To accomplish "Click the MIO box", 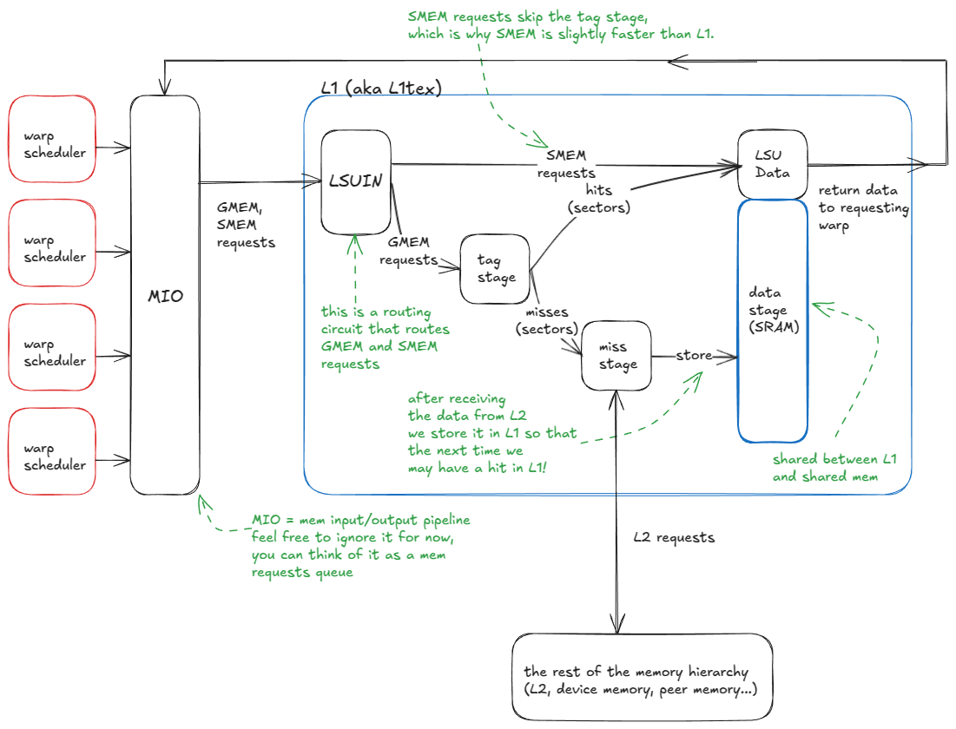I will pos(165,295).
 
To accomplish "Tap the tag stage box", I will pos(495,268).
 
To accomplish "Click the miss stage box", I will pos(616,356).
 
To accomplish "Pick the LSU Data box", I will pos(772,164).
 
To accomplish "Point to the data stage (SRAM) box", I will pos(772,321).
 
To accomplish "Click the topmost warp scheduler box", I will pos(52,139).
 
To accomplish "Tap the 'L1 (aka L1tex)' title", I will pos(381,87).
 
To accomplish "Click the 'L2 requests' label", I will pos(674,537).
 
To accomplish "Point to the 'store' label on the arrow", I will pos(695,356).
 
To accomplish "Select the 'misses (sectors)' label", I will pos(546,320).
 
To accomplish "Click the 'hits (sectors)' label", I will pos(598,199).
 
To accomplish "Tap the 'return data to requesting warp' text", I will pos(862,207).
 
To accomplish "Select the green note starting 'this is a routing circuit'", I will pos(379,338).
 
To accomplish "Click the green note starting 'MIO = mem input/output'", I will pos(359,546).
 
